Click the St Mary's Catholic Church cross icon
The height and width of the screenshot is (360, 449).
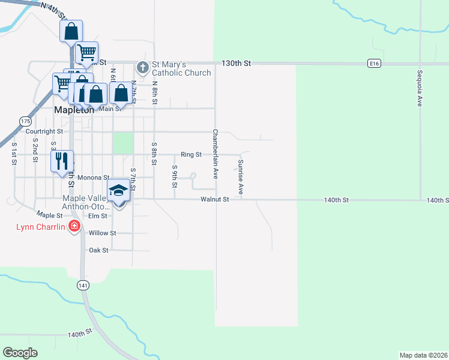(143, 67)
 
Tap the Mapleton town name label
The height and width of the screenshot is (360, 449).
(74, 110)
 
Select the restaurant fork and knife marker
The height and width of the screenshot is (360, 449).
(62, 161)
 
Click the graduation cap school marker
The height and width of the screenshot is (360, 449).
(119, 191)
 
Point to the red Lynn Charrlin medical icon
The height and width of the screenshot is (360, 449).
(74, 226)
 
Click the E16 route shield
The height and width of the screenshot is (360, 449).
(375, 63)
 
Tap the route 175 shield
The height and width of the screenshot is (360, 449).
(25, 121)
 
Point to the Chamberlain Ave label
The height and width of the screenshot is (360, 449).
(215, 154)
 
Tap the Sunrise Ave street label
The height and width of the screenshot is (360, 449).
(240, 177)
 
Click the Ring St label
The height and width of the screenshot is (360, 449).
(191, 154)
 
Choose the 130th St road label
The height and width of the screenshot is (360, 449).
(235, 63)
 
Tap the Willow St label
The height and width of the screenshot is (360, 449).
(102, 233)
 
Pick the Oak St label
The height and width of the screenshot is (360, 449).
(98, 250)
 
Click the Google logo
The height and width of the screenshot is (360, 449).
(20, 353)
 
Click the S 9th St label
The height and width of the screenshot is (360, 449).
(175, 175)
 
